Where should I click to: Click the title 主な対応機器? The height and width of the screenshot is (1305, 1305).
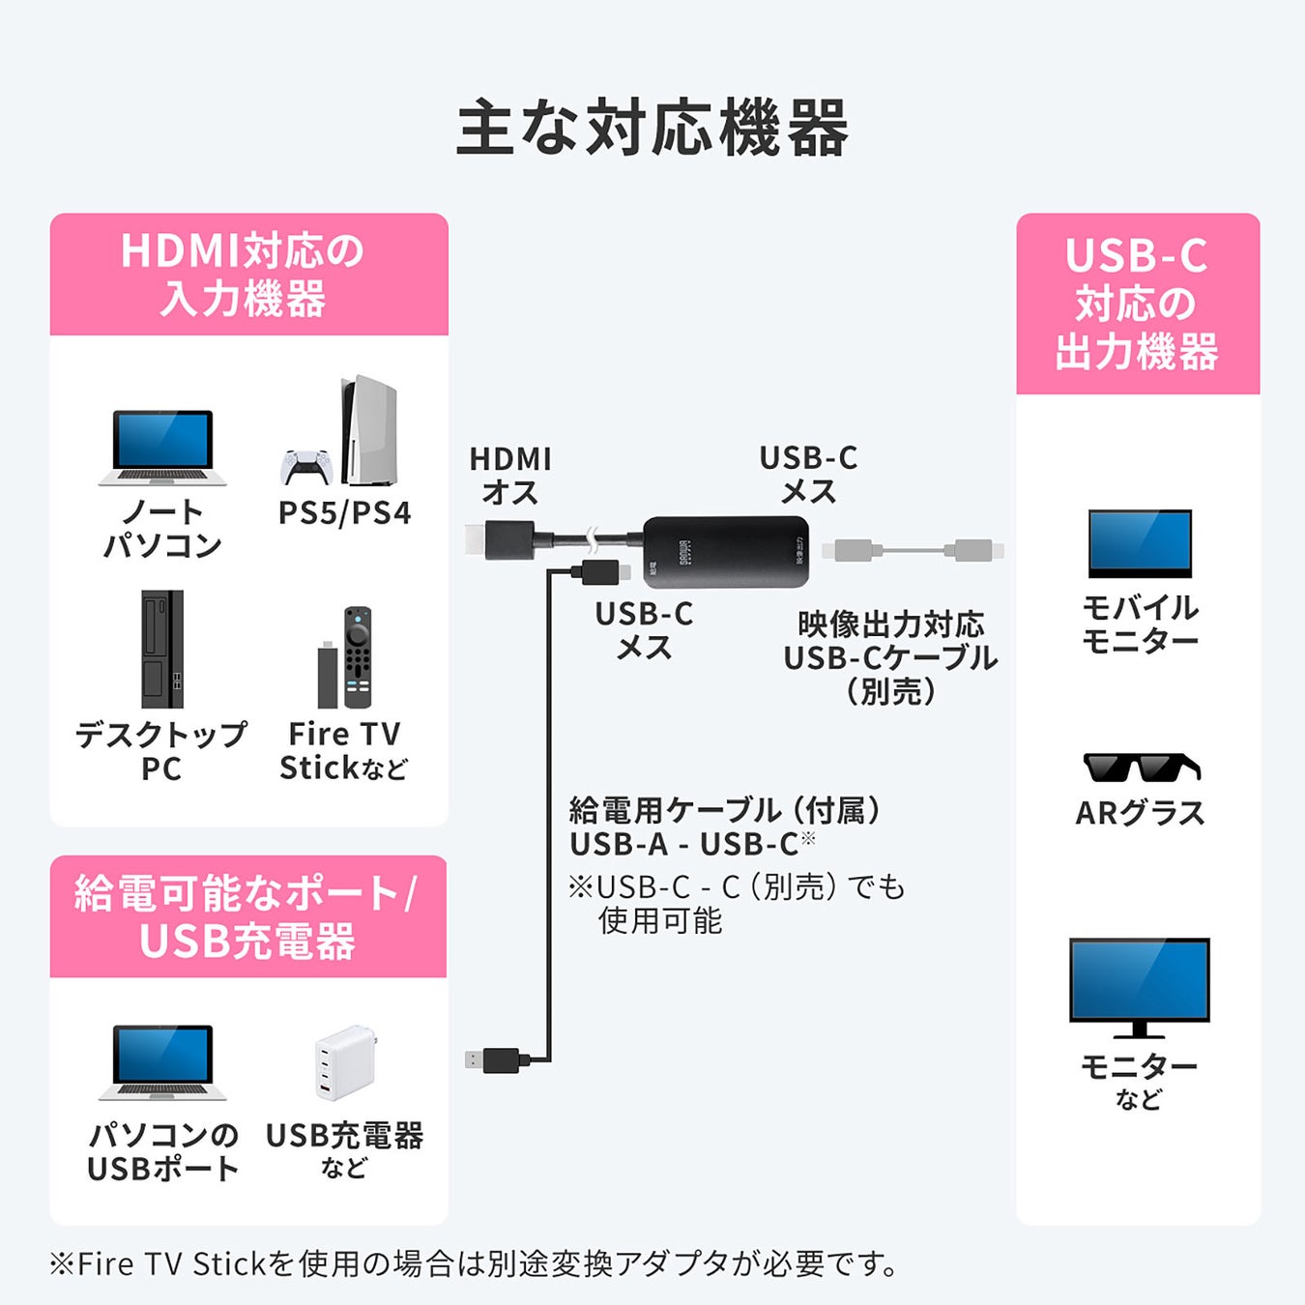click(652, 129)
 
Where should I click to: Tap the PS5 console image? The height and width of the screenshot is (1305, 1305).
click(368, 430)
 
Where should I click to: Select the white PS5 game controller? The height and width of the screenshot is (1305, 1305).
click(304, 467)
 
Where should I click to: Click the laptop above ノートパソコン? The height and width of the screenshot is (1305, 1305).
click(162, 447)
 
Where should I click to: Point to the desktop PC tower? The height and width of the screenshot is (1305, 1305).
click(161, 649)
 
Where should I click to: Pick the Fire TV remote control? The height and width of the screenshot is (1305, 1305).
click(358, 657)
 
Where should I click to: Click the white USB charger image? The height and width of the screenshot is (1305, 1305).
click(343, 1062)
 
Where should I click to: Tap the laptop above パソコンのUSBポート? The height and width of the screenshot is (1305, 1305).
click(162, 1061)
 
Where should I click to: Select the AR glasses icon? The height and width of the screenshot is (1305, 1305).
click(1141, 768)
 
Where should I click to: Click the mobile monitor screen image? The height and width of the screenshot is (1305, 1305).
click(1140, 543)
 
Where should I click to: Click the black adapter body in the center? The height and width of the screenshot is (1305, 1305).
click(725, 552)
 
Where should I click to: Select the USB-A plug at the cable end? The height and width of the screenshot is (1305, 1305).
click(495, 1059)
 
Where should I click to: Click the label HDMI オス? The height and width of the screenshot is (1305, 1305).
click(509, 476)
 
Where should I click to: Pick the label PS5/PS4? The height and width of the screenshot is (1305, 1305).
click(344, 512)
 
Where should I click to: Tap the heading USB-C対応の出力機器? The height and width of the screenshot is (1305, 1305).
click(1137, 304)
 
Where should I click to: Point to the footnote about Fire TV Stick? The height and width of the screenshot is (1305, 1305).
click(475, 1263)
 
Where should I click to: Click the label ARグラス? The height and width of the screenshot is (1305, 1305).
click(1140, 813)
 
